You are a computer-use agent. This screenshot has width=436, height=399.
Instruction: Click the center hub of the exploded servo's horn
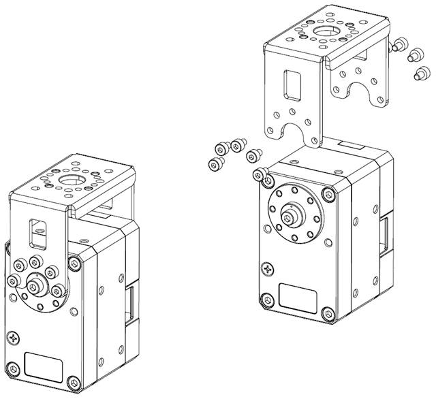coord(291,219)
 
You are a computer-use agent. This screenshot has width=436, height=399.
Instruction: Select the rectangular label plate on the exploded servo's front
coord(297,300)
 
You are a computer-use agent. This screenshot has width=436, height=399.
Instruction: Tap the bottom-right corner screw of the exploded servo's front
coord(328,314)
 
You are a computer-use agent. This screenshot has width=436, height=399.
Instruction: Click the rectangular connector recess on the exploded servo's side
coord(386,235)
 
